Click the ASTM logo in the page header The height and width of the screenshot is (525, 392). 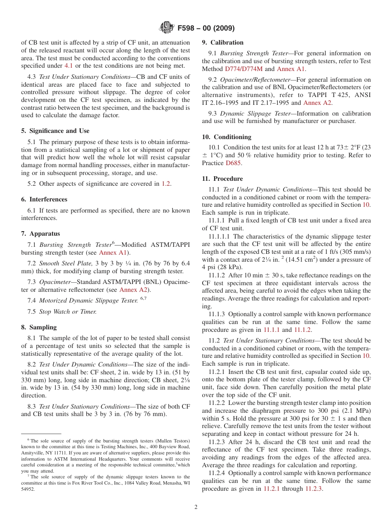tap(167, 28)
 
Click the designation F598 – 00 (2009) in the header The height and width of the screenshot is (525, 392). tap(206, 28)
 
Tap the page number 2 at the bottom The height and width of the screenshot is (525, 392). tap(196, 507)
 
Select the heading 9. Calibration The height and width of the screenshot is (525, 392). tap(222, 43)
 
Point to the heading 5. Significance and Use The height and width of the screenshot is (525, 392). tap(55, 131)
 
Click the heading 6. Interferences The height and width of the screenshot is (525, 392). tap(44, 199)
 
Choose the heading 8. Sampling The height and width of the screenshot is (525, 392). tap(39, 327)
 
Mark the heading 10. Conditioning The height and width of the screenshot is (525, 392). tap(227, 137)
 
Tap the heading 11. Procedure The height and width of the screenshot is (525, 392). tap(222, 179)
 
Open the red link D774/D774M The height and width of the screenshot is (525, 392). tap(243, 69)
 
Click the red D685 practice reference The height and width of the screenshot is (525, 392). tap(233, 163)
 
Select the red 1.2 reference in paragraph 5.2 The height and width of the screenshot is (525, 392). tap(166, 184)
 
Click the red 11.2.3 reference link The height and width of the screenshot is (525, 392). tap(314, 489)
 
